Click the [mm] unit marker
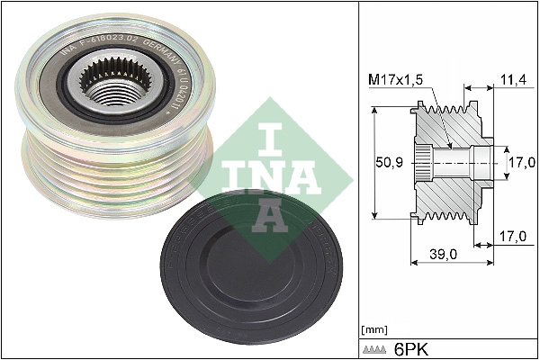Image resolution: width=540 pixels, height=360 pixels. (372, 329)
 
